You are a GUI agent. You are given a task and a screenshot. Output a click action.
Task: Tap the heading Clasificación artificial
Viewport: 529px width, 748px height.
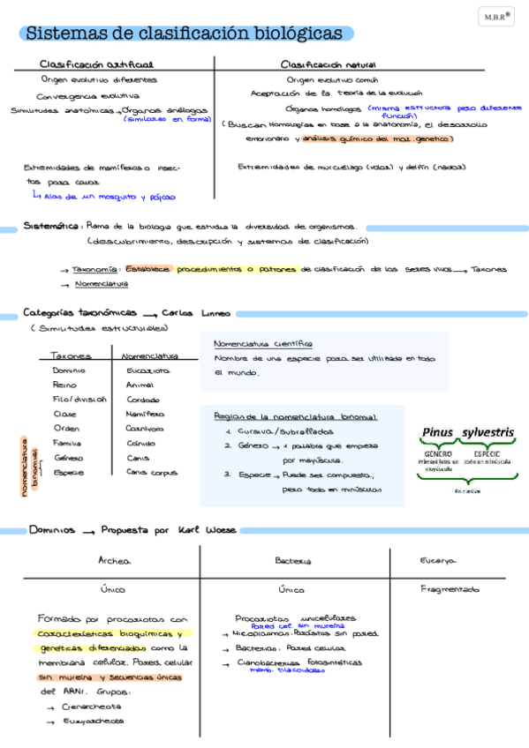[x=96, y=64]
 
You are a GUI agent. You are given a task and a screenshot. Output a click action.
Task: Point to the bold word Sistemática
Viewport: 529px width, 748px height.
[x=53, y=226]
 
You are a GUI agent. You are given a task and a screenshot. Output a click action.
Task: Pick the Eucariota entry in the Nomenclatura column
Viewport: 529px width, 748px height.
[x=147, y=371]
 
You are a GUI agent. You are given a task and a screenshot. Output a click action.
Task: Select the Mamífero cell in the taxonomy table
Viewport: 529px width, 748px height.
[x=145, y=414]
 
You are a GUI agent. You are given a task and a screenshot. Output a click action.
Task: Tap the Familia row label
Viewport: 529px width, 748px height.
[x=68, y=443]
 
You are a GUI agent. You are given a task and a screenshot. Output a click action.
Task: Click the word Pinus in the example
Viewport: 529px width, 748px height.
[x=437, y=432]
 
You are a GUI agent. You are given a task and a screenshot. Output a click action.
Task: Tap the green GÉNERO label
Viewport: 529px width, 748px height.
[x=438, y=453]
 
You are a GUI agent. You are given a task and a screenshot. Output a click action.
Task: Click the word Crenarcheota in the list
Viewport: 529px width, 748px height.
[x=93, y=707]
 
